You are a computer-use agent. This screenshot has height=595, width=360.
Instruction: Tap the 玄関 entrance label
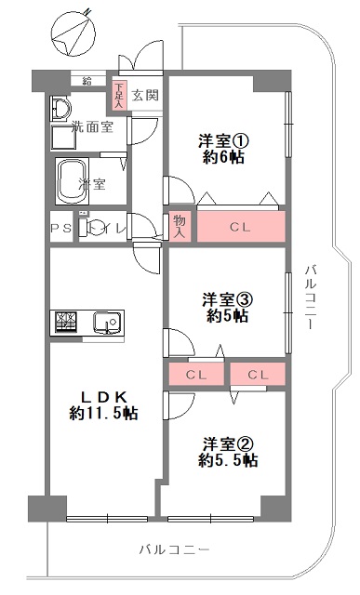coord(145,95)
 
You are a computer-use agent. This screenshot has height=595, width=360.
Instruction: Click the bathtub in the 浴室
coord(73,181)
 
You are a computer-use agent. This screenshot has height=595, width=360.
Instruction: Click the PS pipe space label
coord(61,229)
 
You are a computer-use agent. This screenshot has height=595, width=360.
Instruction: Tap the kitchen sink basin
coord(108,323)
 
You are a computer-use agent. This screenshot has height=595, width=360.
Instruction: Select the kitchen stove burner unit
coord(66,322)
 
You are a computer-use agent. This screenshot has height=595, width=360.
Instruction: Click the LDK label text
coord(103,397)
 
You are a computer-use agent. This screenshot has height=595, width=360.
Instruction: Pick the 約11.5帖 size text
coord(103,413)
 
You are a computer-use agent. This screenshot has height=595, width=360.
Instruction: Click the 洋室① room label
coord(223,141)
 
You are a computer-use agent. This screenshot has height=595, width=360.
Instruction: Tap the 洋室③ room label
coord(227,300)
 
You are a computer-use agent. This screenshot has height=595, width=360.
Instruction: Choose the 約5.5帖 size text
coord(228,460)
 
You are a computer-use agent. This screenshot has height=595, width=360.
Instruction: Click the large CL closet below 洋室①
coord(241,227)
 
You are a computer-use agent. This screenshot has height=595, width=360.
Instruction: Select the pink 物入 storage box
coord(179,227)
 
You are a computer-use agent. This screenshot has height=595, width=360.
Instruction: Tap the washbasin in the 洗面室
coord(60,108)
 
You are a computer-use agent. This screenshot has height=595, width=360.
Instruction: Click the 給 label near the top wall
coord(87,80)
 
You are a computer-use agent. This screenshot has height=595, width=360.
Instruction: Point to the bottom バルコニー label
coord(174,549)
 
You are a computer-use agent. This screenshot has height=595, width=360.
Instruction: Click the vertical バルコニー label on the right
coord(312,297)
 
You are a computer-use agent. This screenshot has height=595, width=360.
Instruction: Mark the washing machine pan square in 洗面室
coord(64,139)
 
